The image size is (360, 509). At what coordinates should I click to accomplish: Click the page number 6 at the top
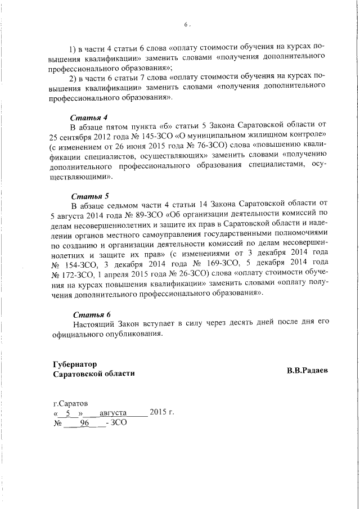tap(186, 25)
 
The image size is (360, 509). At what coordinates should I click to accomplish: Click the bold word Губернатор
tap(74, 364)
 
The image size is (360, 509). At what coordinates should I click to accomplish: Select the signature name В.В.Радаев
tap(307, 371)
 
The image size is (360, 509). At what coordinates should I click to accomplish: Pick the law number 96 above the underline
tap(85, 424)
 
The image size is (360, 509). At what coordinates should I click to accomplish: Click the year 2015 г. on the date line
tap(162, 413)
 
